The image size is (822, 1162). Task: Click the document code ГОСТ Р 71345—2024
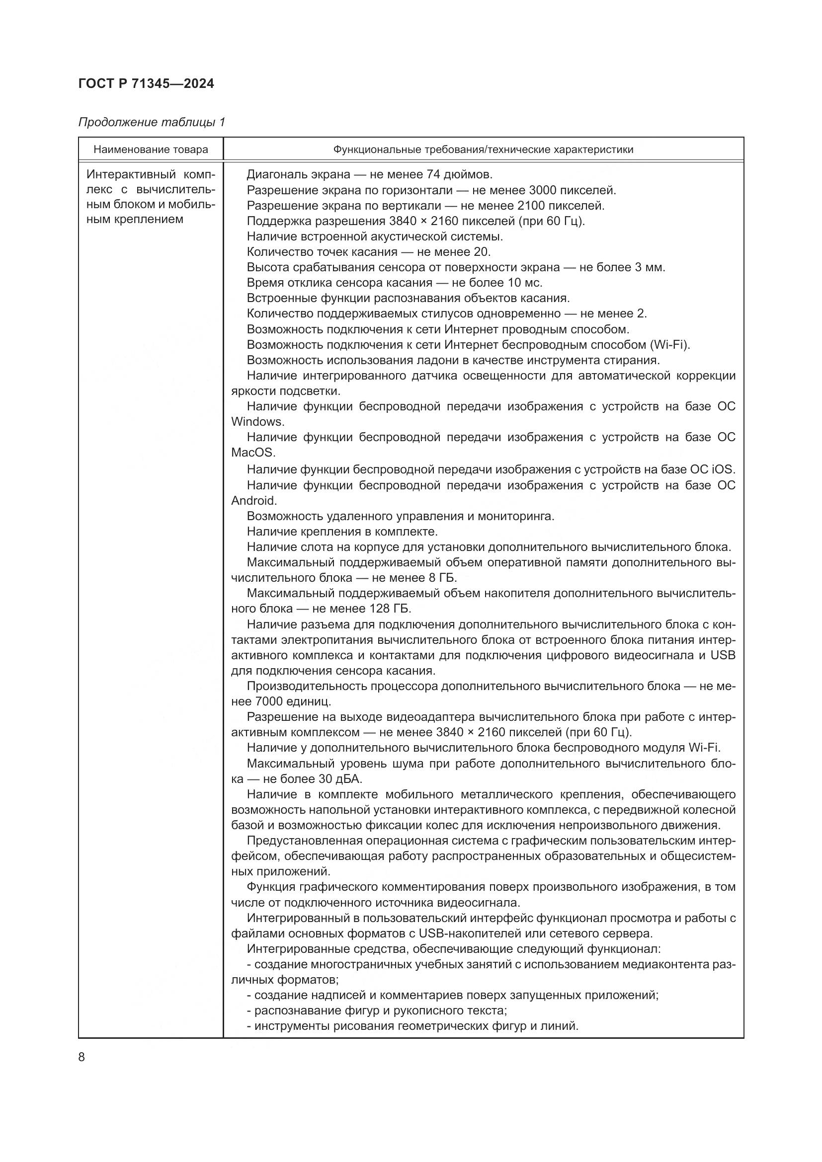pyautogui.click(x=146, y=83)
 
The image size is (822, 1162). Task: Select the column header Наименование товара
pyautogui.click(x=151, y=150)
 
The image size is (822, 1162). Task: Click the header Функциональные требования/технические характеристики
pyautogui.click(x=483, y=150)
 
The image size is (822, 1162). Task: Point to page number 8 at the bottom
pyautogui.click(x=82, y=1058)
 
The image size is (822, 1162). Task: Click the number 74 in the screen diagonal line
pyautogui.click(x=433, y=175)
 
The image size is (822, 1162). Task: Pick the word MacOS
pyautogui.click(x=252, y=453)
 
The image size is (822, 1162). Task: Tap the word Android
pyautogui.click(x=253, y=501)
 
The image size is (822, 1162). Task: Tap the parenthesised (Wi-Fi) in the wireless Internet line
pyautogui.click(x=669, y=345)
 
